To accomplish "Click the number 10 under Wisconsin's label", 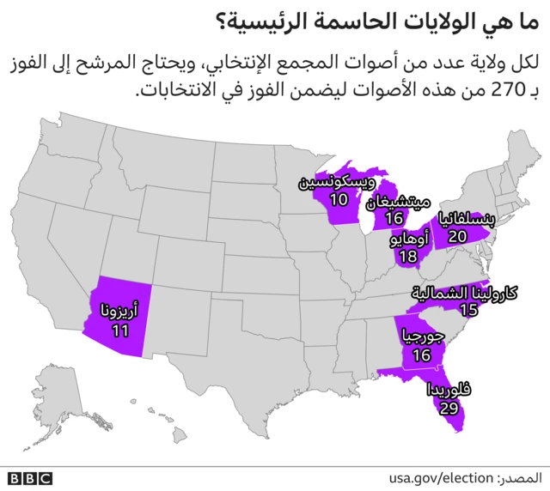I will point(339,200).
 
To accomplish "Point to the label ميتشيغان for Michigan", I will point(398,203).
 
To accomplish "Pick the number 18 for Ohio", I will point(408,257).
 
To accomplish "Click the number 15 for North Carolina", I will point(468,309).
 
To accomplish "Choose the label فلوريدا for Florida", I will point(449,390).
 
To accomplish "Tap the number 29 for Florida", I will point(448,407).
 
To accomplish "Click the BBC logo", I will point(30,478).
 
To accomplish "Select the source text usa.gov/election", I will point(439,477).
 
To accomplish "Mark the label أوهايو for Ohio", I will point(409,239).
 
